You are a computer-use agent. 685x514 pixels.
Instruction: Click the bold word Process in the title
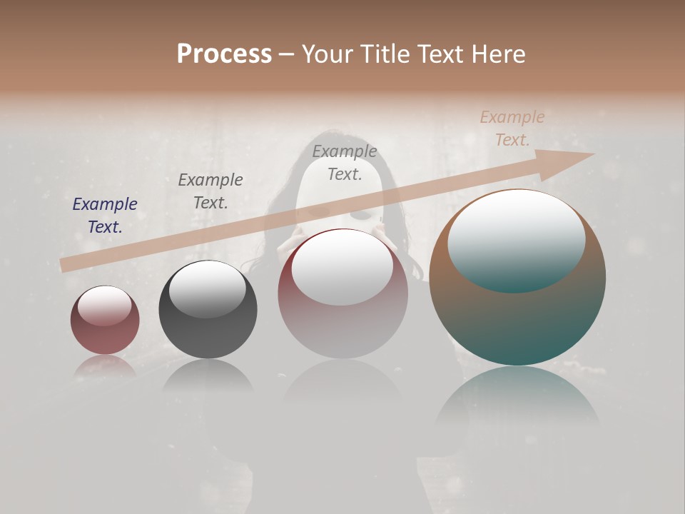(x=224, y=54)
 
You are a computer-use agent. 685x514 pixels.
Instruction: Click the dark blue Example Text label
(x=105, y=216)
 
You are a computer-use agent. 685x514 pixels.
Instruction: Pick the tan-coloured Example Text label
(x=512, y=128)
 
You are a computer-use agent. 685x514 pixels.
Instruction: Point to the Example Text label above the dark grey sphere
(x=210, y=191)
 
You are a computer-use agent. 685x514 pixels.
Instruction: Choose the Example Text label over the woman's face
(x=345, y=163)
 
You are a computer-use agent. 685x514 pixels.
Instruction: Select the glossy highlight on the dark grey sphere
(x=207, y=289)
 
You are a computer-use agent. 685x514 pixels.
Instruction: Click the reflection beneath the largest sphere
(x=517, y=400)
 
